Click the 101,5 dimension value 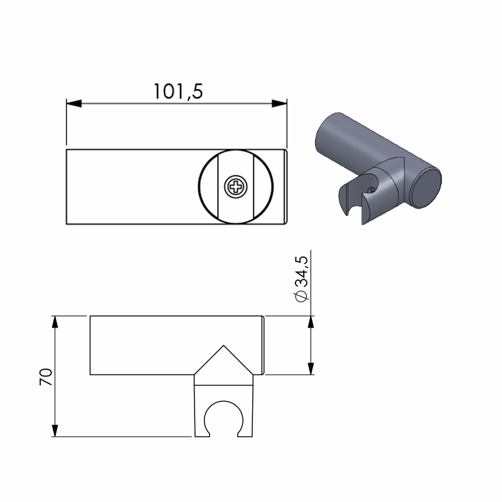pyautogui.click(x=178, y=91)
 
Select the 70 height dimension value pyautogui.click(x=46, y=377)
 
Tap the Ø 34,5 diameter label pyautogui.click(x=302, y=279)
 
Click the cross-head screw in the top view pyautogui.click(x=236, y=186)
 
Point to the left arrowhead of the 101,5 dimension pyautogui.click(x=74, y=104)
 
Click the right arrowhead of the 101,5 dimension pyautogui.click(x=279, y=104)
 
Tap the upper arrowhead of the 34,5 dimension pyautogui.click(x=311, y=322)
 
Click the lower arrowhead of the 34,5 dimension pyautogui.click(x=311, y=368)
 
